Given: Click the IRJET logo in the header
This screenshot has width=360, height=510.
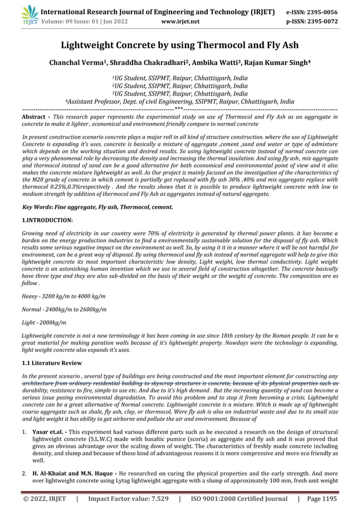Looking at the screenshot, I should (x=27, y=15).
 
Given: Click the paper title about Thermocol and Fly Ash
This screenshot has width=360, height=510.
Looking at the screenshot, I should (x=179, y=45).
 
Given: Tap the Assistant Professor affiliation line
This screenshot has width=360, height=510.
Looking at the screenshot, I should (x=179, y=102).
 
